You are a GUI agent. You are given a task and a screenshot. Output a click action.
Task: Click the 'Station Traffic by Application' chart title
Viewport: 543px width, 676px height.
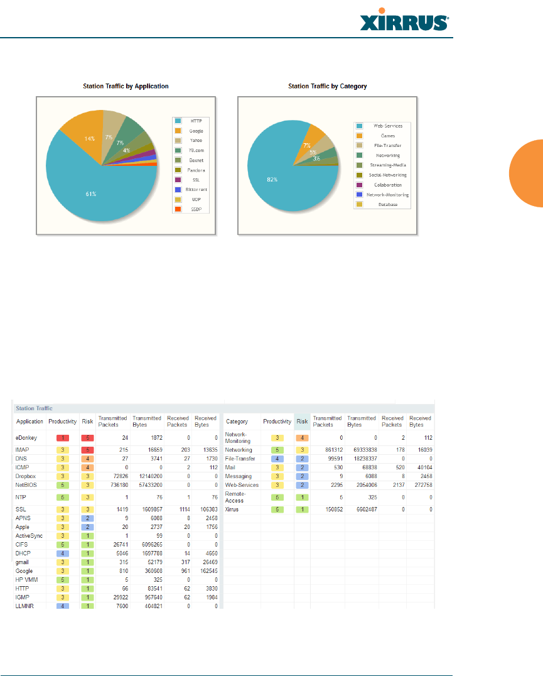pos(126,86)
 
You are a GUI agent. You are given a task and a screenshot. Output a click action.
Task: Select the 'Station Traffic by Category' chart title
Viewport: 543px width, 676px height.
pos(327,86)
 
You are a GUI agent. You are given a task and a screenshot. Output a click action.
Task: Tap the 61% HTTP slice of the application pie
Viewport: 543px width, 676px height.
pos(92,194)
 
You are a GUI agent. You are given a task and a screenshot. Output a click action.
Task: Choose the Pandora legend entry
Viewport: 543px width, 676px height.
pos(196,170)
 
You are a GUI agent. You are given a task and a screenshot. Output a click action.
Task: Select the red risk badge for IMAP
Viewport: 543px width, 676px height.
pos(88,450)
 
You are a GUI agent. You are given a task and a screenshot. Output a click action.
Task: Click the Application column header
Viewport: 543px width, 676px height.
pos(30,422)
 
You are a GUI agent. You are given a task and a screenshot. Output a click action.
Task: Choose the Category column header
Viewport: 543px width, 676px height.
pos(237,422)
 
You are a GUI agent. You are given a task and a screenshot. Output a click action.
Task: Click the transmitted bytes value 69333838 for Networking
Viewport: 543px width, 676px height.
pos(360,450)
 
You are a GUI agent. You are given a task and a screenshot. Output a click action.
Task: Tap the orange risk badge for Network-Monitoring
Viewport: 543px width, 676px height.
pos(303,437)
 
